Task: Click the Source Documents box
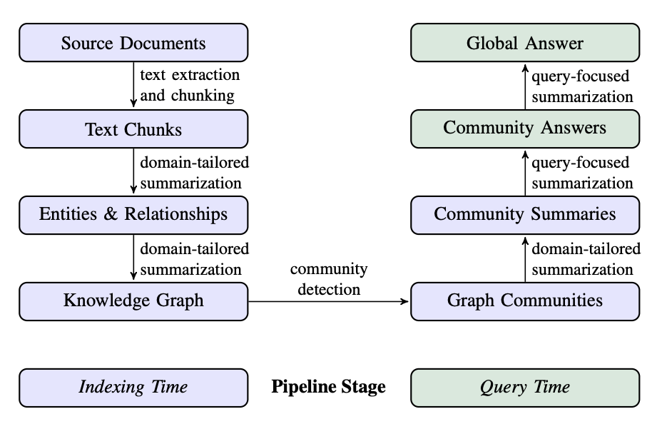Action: point(133,43)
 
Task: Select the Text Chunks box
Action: point(133,129)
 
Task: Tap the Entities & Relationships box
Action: point(133,214)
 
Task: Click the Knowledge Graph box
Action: point(133,301)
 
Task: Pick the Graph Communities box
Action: point(524,301)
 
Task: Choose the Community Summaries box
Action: point(524,214)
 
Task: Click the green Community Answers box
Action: point(524,128)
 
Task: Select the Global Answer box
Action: point(524,43)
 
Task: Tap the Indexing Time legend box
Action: point(133,387)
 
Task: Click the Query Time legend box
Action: point(524,387)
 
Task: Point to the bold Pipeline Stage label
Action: point(329,387)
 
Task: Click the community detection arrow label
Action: point(329,279)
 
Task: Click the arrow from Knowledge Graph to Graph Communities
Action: point(329,301)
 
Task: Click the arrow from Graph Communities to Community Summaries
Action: point(525,258)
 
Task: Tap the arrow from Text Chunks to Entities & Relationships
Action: point(134,171)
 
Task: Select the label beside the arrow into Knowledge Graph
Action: point(194,259)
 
